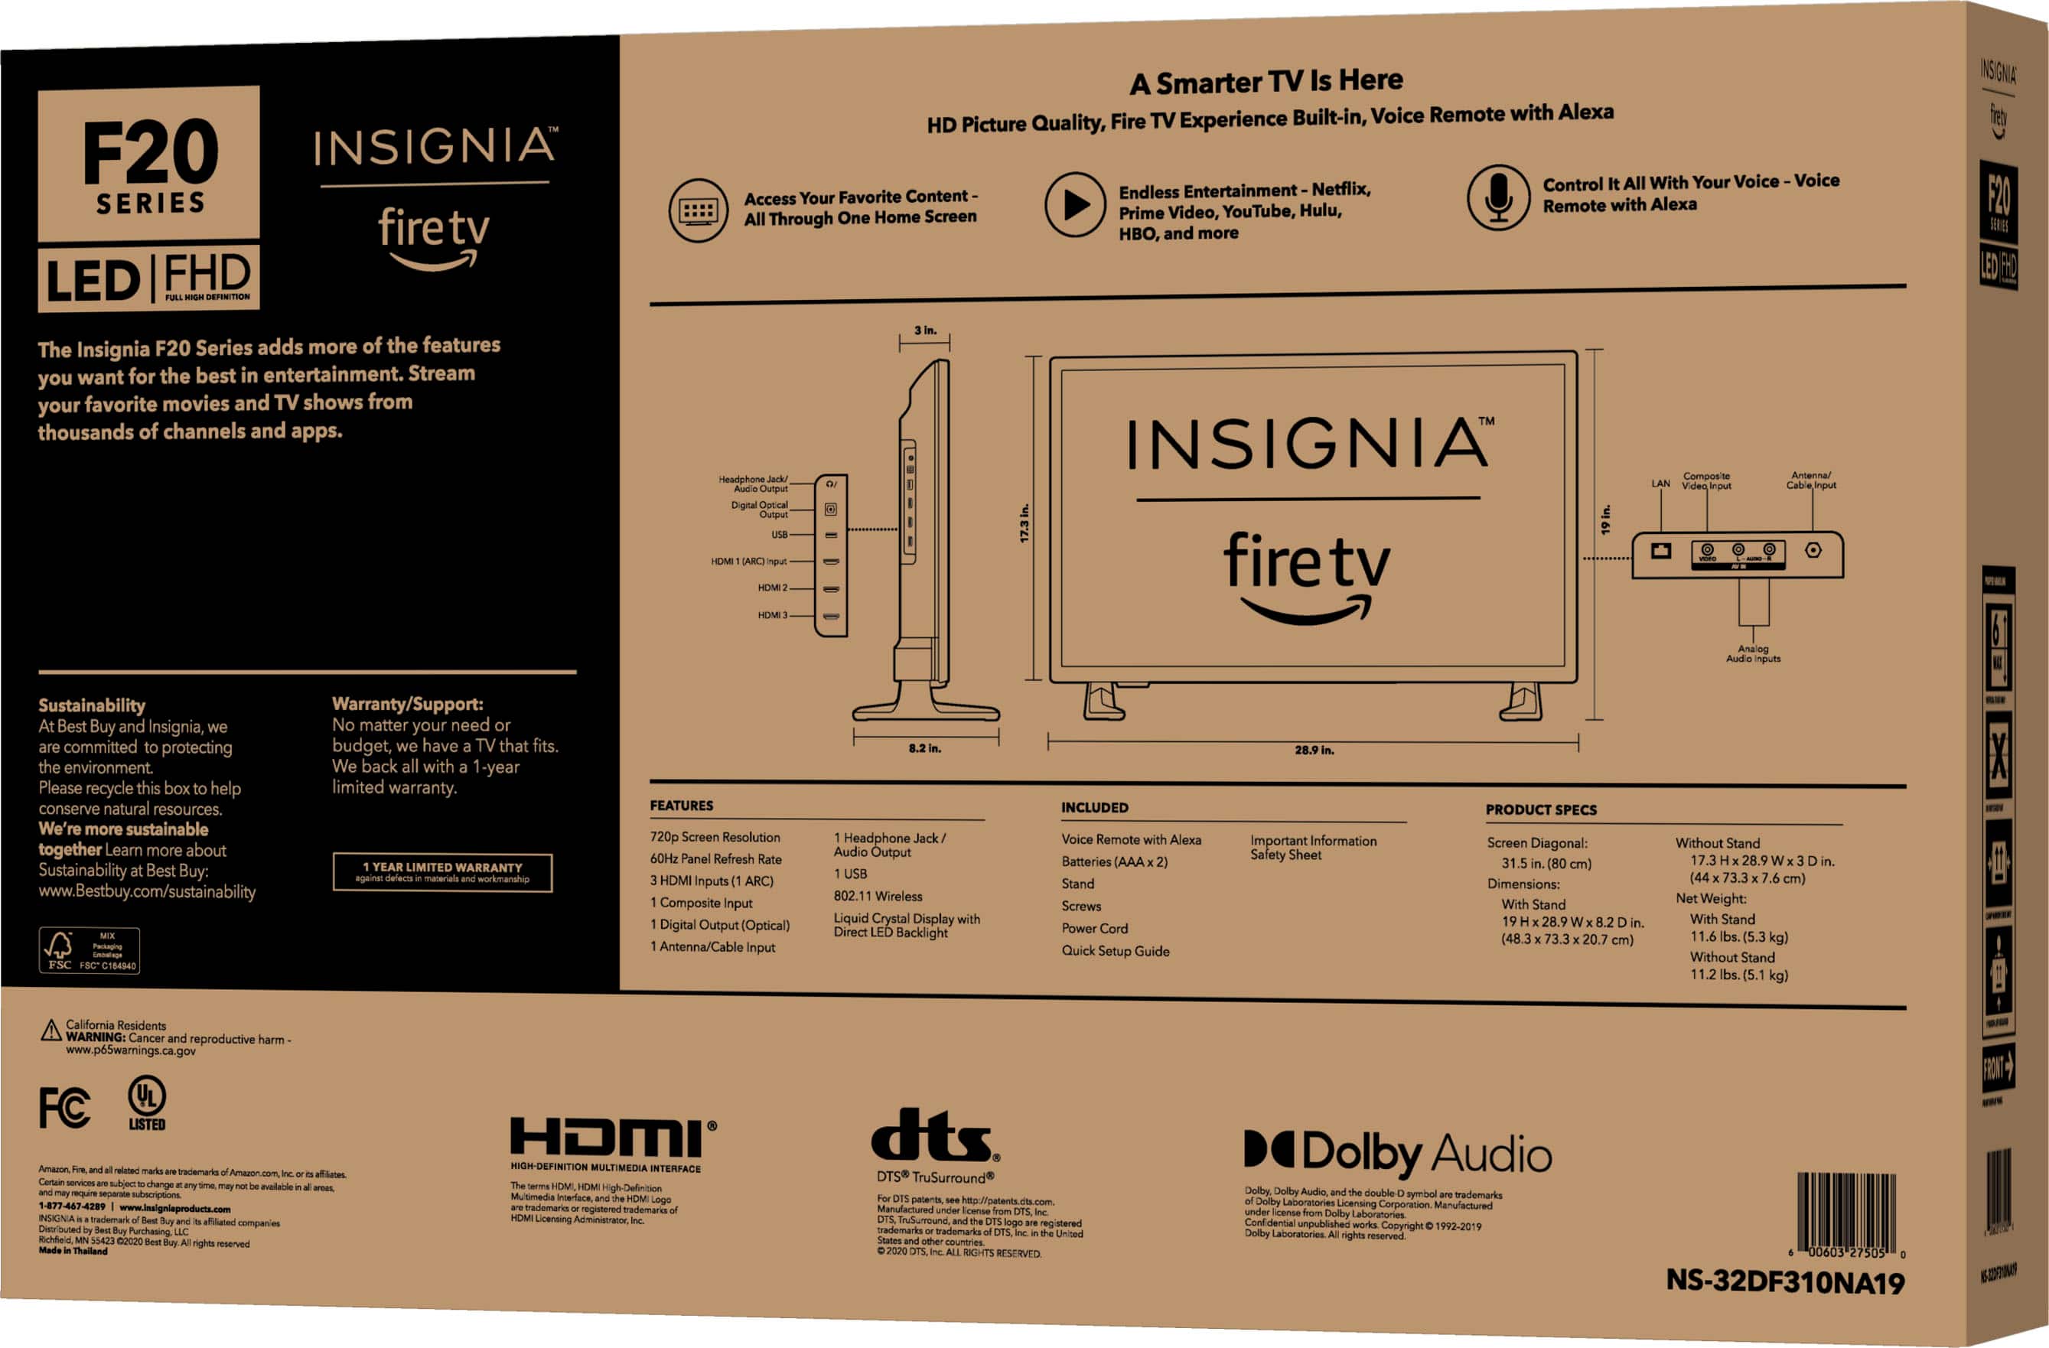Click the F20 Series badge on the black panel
coord(149,164)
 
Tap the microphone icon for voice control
coord(1498,197)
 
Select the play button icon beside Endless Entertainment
coord(1074,205)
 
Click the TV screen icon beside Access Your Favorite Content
coord(699,210)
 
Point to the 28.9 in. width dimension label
coord(1314,750)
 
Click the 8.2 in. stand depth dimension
coord(924,748)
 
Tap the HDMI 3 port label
coord(771,615)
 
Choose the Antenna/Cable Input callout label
coord(1810,480)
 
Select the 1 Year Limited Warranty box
coord(442,872)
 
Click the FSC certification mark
coord(89,950)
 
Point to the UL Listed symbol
coord(147,1102)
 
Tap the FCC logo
coord(64,1107)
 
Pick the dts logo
coord(935,1135)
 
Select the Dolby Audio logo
coord(1397,1153)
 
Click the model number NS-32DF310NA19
coord(1785,1281)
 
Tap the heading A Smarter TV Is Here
coord(1266,82)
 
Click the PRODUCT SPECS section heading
coord(1540,810)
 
